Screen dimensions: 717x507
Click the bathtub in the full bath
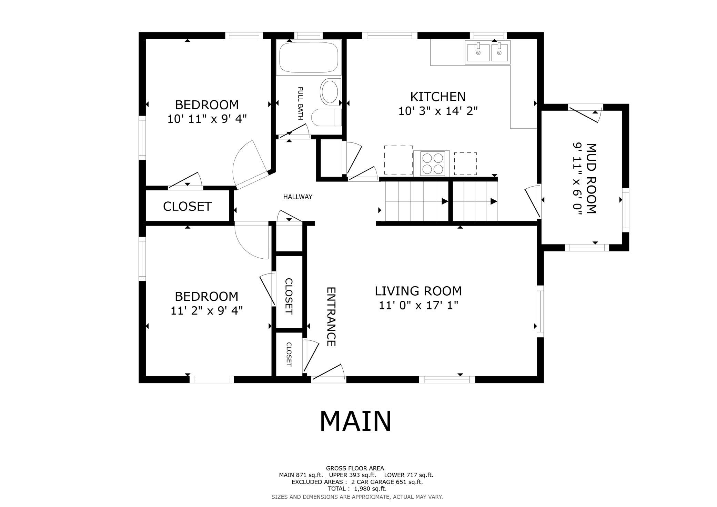coord(309,57)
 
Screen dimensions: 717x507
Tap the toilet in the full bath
coord(326,118)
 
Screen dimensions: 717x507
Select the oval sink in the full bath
coord(330,92)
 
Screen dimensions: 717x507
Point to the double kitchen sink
coord(487,52)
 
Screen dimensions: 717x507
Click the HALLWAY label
coord(298,197)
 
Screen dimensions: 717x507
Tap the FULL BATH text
coord(300,103)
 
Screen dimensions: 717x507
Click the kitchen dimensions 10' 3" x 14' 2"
coord(438,111)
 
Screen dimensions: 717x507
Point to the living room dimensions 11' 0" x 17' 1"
coord(418,306)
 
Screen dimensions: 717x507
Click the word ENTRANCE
coord(331,317)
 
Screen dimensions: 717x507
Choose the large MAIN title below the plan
coord(355,421)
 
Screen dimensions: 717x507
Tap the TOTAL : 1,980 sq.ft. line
coord(357,489)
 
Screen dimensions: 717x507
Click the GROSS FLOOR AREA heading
coord(355,468)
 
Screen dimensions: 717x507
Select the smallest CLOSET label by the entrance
coord(289,355)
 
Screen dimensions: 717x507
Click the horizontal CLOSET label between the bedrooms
coord(187,206)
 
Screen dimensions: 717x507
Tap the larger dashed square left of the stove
coord(398,160)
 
